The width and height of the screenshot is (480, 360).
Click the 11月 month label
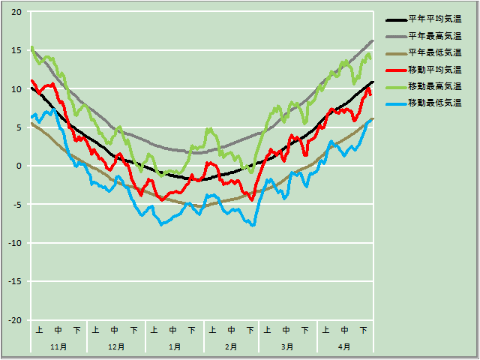click(58, 347)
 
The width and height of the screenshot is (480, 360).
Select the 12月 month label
click(116, 347)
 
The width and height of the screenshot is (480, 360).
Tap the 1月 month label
click(174, 347)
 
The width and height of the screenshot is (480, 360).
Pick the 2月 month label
click(231, 347)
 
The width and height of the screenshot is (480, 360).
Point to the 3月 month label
click(287, 347)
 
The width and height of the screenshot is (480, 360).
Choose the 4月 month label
click(344, 347)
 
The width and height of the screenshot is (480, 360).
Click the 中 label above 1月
click(174, 330)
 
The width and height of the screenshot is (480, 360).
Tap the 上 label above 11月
click(40, 330)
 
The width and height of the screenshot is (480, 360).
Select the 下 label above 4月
click(364, 330)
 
